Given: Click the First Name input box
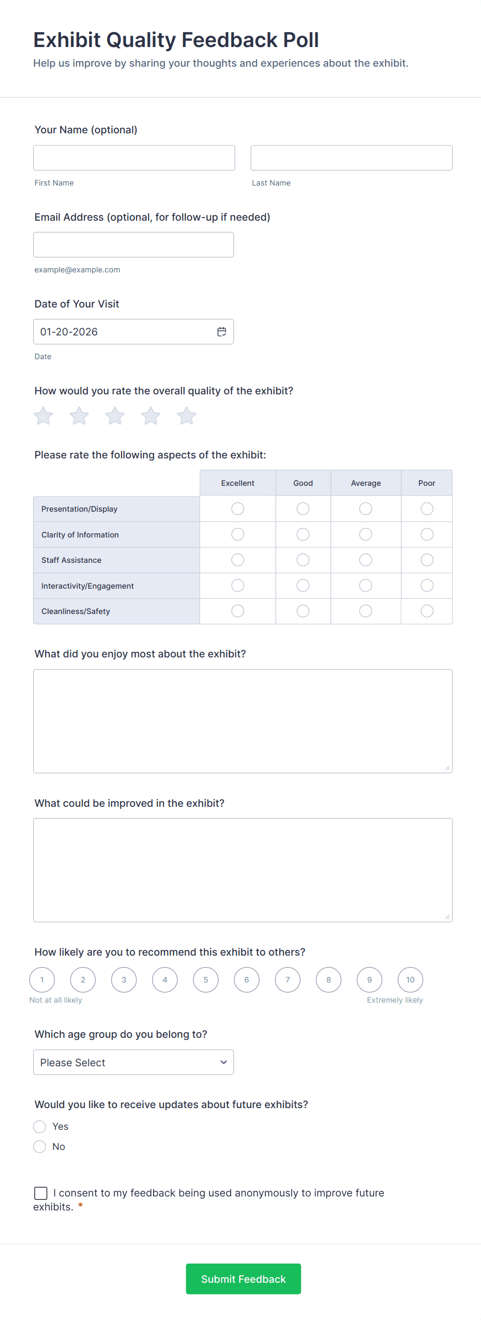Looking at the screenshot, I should pos(134,158).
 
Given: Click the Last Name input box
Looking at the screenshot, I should pos(351,158).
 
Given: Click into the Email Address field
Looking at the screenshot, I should pos(133,244).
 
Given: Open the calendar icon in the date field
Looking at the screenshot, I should pos(222,332).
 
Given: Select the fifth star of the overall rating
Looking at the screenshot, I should pos(187,416).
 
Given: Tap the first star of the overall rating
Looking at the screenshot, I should pos(43,416).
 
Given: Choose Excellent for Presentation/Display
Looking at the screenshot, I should pos(238,509).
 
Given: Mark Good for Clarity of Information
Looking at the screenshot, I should pos(303,534).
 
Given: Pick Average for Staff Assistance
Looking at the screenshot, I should pos(366,560).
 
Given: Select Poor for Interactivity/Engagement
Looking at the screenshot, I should pos(427,586).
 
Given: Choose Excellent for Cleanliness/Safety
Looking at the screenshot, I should pos(238,611).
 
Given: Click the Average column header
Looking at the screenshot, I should pos(366,483).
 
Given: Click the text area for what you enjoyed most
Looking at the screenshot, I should pos(243,721).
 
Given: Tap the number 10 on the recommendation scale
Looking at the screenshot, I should pos(410,979).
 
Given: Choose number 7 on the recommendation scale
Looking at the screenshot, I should pos(288,979).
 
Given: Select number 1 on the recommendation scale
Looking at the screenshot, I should pos(42,979).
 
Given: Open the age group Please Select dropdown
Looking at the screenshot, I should pos(133,1062).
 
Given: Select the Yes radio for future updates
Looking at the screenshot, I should pos(40,1126).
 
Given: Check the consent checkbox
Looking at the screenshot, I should pos(41,1193).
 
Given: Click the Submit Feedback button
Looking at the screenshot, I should pos(243,1279).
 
